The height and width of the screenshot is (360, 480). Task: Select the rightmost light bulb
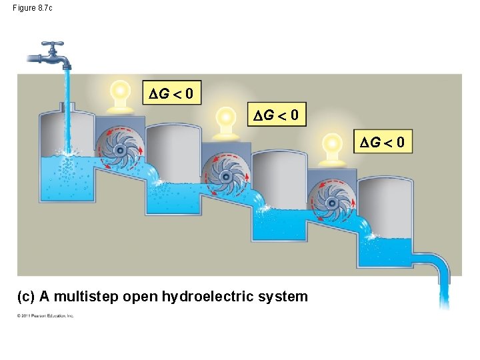[331, 145]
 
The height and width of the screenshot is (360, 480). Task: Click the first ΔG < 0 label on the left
[172, 94]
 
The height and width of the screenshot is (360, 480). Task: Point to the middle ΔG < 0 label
[277, 116]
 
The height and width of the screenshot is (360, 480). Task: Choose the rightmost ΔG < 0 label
[382, 142]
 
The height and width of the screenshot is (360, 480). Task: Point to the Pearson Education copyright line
[45, 315]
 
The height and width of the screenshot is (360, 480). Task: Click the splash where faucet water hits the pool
[66, 155]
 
